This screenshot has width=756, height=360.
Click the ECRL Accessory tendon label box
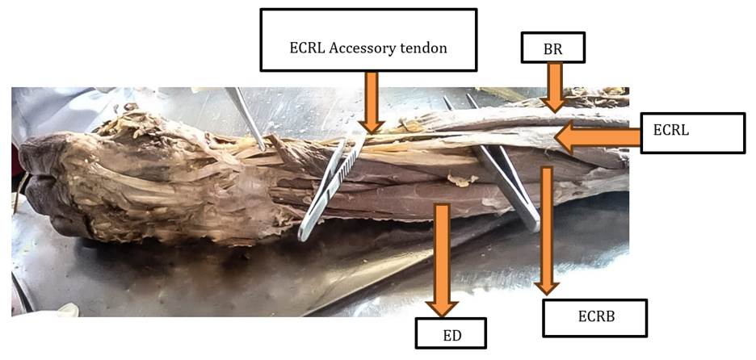[x=368, y=40]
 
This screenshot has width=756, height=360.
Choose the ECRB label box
[x=595, y=317]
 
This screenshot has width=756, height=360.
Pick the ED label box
[x=452, y=331]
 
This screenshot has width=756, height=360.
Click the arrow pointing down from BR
[x=554, y=86]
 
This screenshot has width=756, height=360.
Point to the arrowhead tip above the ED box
[x=442, y=311]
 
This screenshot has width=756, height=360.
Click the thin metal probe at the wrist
[x=247, y=118]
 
